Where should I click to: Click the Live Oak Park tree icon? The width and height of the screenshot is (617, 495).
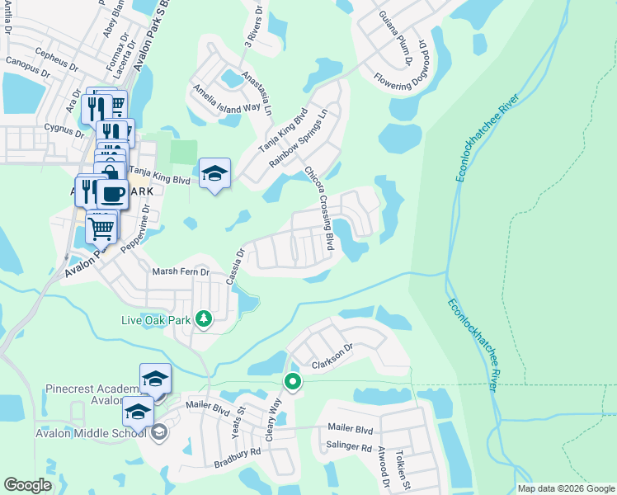[204, 319]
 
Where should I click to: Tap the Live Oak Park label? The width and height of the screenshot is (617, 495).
[156, 319]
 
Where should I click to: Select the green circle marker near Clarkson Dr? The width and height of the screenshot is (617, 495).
[292, 381]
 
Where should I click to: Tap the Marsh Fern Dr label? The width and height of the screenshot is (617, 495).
[181, 271]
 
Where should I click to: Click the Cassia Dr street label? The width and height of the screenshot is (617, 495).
[235, 266]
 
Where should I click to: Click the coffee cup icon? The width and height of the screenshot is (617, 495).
[112, 194]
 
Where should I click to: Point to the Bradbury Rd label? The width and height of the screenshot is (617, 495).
[238, 452]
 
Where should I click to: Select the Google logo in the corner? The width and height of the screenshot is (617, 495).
[27, 485]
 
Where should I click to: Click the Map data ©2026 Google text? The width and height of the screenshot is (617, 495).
[566, 488]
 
